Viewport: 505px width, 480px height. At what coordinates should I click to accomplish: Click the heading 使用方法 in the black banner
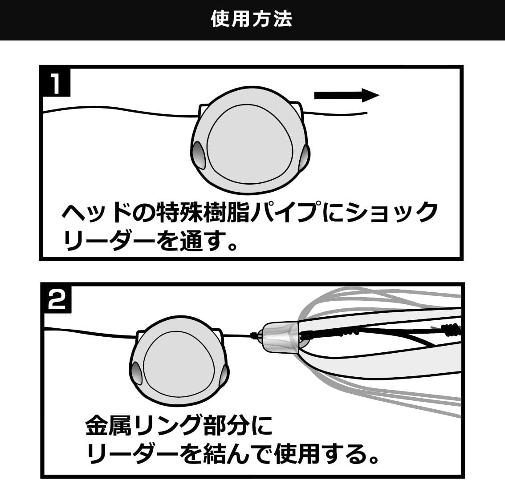click(x=252, y=19)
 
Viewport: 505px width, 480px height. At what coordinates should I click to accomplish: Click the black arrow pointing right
click(x=346, y=95)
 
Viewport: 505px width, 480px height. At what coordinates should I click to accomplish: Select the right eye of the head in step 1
click(x=305, y=157)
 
